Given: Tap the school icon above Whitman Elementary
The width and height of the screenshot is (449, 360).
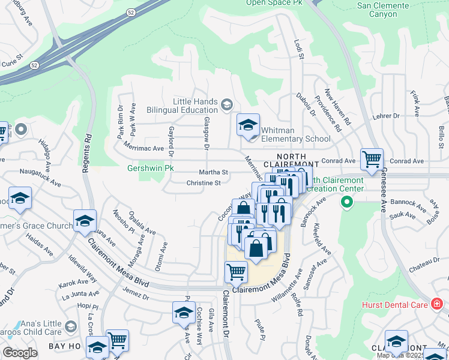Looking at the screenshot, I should [x=248, y=125].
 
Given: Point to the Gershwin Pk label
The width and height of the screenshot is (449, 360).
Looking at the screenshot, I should [x=150, y=169].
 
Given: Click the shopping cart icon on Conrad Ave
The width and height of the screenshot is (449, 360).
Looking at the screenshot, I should [x=372, y=160].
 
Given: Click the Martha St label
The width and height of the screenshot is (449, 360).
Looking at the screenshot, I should [x=215, y=172].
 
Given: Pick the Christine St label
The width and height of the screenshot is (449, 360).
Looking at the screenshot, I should [x=203, y=183].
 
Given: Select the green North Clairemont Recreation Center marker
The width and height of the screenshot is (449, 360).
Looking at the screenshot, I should [x=346, y=203].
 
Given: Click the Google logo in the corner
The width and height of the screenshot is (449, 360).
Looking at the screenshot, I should [x=20, y=353].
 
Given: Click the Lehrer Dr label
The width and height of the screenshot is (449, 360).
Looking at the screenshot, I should [x=385, y=116].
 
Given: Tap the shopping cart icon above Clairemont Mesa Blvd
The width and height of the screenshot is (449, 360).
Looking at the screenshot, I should [x=235, y=272].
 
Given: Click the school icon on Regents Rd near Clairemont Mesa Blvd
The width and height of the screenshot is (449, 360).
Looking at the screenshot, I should [x=85, y=220].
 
